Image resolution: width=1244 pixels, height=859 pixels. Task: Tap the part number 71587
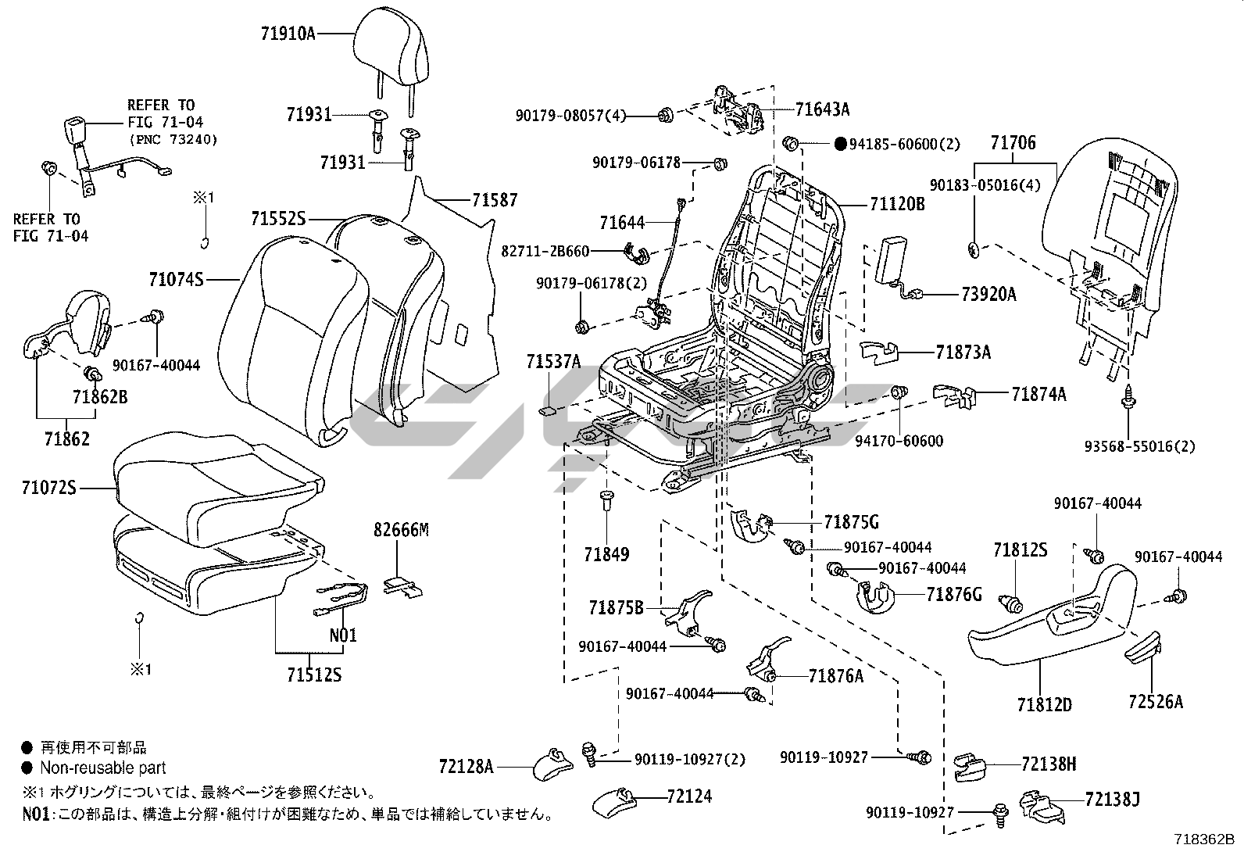pos(494,200)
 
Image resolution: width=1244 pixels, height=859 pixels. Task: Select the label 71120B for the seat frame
pos(897,205)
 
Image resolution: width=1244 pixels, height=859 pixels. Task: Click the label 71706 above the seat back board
pos(1013,143)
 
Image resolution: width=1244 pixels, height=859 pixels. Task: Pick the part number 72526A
pos(1155,701)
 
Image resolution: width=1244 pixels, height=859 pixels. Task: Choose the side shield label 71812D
pos(1044,704)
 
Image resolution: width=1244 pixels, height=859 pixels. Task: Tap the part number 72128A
pos(466,767)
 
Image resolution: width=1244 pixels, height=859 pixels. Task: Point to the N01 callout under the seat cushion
pos(342,635)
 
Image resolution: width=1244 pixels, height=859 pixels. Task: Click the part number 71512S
pos(313,675)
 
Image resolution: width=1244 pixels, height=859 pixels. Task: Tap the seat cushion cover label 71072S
pos(49,489)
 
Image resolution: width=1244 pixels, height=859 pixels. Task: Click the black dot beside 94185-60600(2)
pos(840,144)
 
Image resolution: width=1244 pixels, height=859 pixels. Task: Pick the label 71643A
pos(822,109)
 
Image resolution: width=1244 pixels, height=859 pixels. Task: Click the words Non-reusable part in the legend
pos(103,768)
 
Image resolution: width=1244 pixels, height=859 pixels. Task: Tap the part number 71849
pos(606,554)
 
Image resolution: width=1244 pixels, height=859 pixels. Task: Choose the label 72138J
pos(1112,799)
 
